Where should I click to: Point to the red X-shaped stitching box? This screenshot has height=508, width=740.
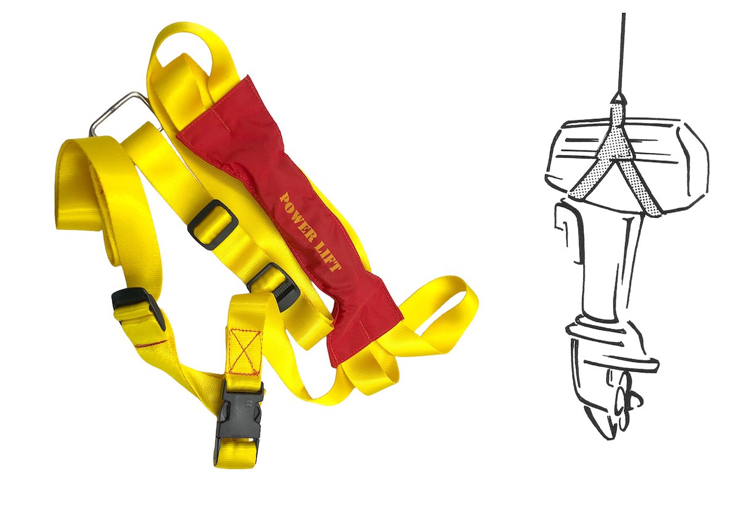[245, 351]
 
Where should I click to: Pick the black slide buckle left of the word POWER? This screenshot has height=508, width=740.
[213, 224]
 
